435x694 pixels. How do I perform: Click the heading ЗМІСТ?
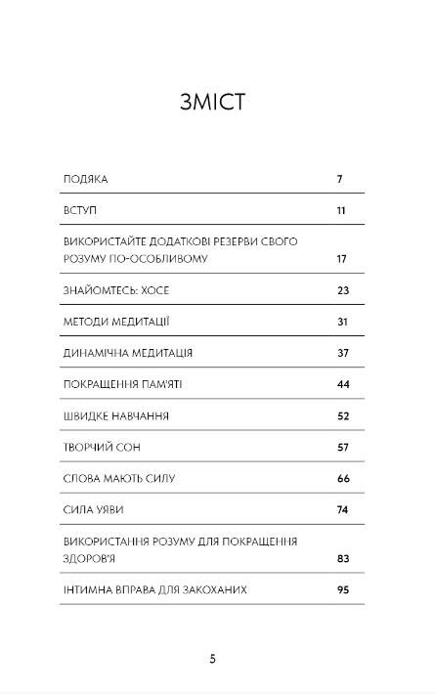[x=218, y=103]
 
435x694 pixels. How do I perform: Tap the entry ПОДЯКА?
[x=86, y=180]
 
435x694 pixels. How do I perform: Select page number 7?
[x=338, y=180]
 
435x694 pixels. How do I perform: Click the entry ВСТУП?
[x=80, y=210]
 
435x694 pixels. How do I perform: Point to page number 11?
[x=341, y=210]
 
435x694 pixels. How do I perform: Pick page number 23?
[x=342, y=290]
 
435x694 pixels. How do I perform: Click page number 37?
[x=342, y=353]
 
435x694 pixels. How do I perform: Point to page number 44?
[x=342, y=384]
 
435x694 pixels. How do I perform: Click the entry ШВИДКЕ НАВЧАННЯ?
[x=115, y=415]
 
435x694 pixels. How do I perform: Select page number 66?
[x=342, y=479]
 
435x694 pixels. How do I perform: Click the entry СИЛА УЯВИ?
[x=93, y=510]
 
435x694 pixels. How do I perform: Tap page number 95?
[x=342, y=590]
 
